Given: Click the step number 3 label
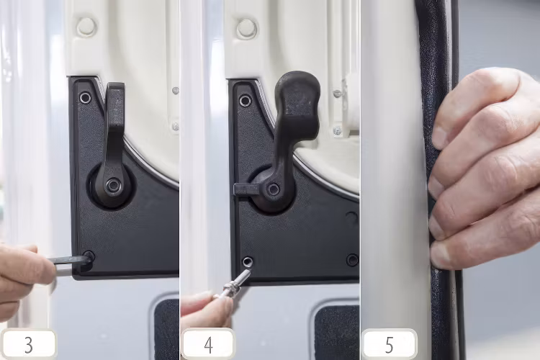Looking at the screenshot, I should pyautogui.click(x=28, y=344).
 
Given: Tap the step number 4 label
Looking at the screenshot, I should pyautogui.click(x=208, y=344).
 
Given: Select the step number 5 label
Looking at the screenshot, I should pyautogui.click(x=389, y=344).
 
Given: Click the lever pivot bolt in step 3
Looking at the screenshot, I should pyautogui.click(x=112, y=185).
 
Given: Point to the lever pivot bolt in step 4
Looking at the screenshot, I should pyautogui.click(x=274, y=189).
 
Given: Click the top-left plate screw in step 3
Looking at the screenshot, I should pyautogui.click(x=86, y=97).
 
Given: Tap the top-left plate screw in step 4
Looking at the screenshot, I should pyautogui.click(x=246, y=100).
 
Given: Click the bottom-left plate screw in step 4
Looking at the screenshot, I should pyautogui.click(x=248, y=261).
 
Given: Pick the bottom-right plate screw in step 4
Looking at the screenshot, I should pyautogui.click(x=352, y=260).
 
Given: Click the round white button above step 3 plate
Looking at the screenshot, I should pyautogui.click(x=86, y=27).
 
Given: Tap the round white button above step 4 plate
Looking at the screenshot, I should pyautogui.click(x=246, y=29).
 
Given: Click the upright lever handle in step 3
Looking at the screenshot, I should pyautogui.click(x=114, y=122).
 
